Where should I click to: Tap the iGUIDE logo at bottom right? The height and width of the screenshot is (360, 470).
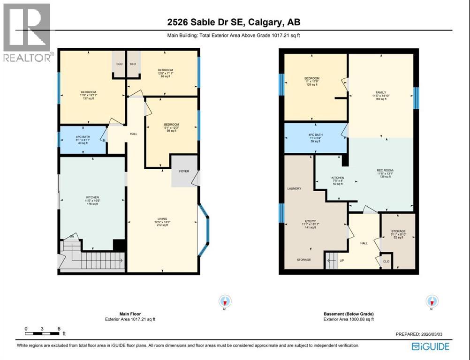pos(430,346)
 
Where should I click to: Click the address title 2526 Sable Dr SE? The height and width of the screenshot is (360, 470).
pos(235,22)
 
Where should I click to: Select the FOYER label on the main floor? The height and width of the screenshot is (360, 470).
pos(184,171)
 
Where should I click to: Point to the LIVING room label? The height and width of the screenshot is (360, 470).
pos(162,222)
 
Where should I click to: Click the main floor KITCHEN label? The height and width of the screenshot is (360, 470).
pos(92,197)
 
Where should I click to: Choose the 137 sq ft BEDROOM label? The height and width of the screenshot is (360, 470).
pos(88,92)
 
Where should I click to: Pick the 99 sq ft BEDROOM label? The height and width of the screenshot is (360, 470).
pos(172,124)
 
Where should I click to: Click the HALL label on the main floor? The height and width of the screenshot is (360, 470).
pos(133,134)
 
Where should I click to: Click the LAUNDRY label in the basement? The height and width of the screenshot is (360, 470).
pos(294,188)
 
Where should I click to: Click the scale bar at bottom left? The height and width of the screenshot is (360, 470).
pos(43,333)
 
